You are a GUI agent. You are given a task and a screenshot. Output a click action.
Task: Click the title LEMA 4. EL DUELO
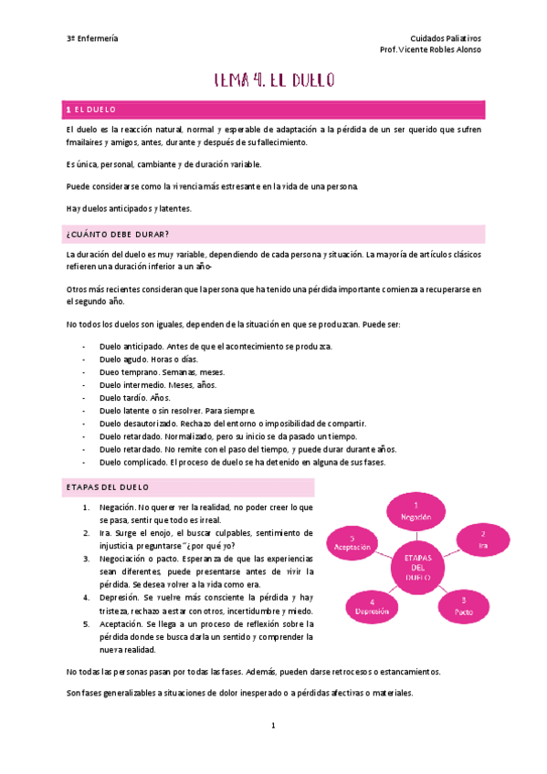pos(274,79)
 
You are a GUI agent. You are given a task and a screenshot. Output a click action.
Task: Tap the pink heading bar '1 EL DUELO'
pos(274,110)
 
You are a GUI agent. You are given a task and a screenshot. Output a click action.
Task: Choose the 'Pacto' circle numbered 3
pos(464,603)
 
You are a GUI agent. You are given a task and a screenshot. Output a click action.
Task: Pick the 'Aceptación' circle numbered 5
pos(352,544)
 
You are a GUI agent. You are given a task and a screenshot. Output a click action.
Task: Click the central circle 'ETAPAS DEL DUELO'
pos(416,565)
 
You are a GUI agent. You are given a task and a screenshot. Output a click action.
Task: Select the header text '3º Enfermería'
pos(92,38)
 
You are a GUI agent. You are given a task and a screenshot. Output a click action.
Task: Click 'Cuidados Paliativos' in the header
pos(446,38)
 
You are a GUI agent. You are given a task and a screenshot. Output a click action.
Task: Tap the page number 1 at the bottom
pos(273,726)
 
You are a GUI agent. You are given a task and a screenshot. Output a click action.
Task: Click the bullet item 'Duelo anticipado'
pos(131,347)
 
